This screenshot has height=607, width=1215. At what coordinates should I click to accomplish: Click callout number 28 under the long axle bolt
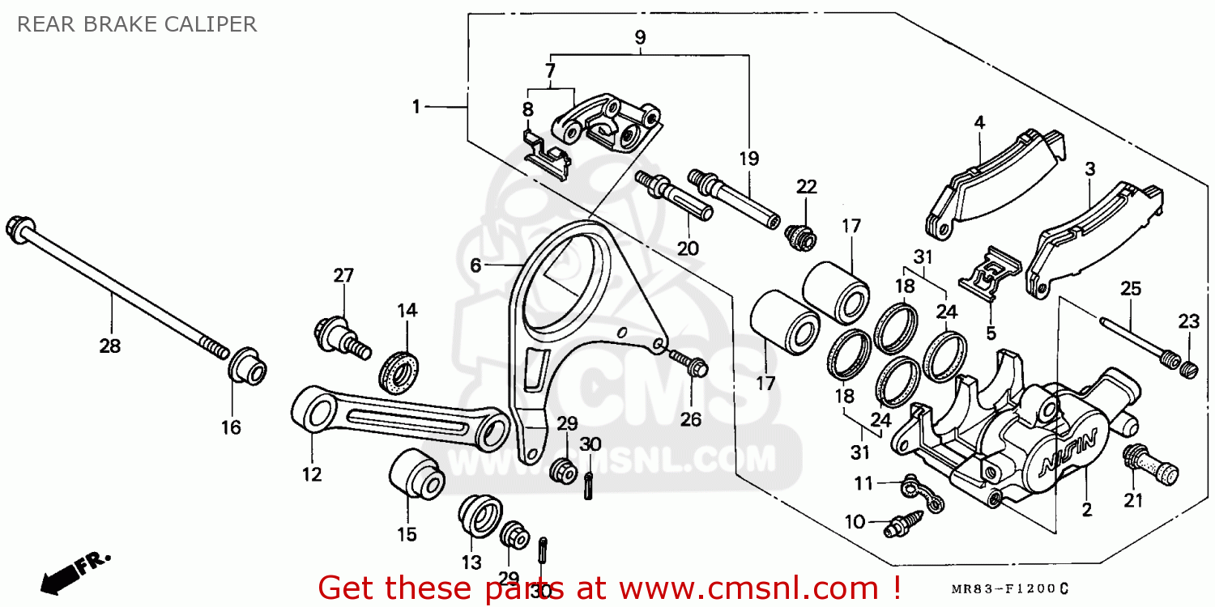pyautogui.click(x=109, y=346)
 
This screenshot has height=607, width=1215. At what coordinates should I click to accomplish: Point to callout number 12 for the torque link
pyautogui.click(x=312, y=474)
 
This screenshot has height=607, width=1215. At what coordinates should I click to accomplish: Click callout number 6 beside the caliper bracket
pyautogui.click(x=475, y=265)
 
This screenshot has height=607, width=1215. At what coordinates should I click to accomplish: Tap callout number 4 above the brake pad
pyautogui.click(x=979, y=123)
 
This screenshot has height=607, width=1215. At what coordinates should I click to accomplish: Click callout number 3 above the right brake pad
pyautogui.click(x=1090, y=169)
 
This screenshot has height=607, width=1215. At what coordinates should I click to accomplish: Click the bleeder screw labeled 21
pyautogui.click(x=1149, y=467)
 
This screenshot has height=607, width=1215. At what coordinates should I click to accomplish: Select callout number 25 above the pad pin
pyautogui.click(x=1131, y=288)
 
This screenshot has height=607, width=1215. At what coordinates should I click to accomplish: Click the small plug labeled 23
pyautogui.click(x=1187, y=370)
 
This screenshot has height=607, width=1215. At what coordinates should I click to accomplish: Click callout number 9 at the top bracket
pyautogui.click(x=640, y=36)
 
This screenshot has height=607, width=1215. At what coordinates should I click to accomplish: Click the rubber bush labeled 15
pyautogui.click(x=416, y=478)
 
